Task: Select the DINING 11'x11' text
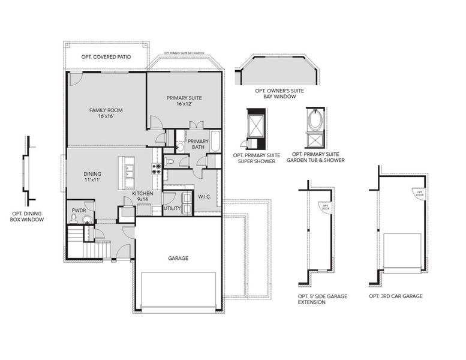(92, 177)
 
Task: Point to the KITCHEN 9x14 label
(142, 196)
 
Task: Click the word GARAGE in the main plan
(178, 258)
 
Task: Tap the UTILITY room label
(172, 208)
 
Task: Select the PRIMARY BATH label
(198, 145)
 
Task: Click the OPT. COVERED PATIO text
(106, 58)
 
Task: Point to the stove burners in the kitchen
(157, 168)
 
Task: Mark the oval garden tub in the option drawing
(314, 121)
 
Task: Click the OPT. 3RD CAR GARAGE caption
(396, 296)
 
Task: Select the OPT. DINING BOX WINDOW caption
(28, 217)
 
